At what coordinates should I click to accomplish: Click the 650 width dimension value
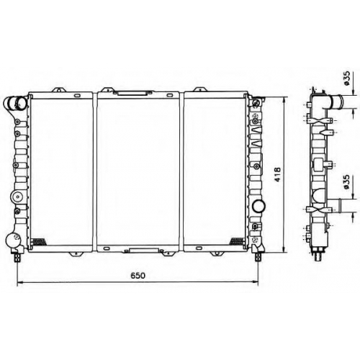(138, 275)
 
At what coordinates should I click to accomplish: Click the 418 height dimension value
(277, 174)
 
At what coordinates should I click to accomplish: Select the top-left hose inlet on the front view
(14, 103)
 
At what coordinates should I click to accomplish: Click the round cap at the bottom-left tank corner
(12, 240)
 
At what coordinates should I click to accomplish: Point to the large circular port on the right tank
(258, 206)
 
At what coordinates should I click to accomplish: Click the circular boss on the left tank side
(17, 197)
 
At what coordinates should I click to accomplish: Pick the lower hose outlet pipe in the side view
(336, 205)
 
